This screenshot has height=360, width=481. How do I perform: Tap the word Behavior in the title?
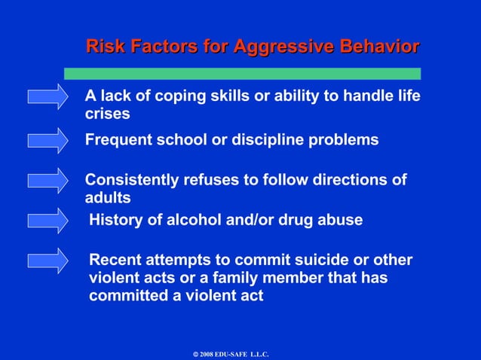(x=377, y=47)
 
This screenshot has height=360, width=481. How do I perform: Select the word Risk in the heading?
(x=106, y=47)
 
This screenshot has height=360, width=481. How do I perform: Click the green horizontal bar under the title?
(x=242, y=73)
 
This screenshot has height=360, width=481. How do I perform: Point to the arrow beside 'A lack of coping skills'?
(x=47, y=97)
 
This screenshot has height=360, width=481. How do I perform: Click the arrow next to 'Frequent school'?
(x=47, y=140)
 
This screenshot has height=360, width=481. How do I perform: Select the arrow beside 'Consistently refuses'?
(x=47, y=181)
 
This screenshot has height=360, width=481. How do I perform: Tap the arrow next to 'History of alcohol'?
(x=47, y=221)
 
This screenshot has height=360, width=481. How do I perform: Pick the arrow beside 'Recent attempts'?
(x=47, y=261)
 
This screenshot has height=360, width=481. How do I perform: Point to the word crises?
(x=107, y=114)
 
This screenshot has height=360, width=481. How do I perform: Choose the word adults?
(x=108, y=198)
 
